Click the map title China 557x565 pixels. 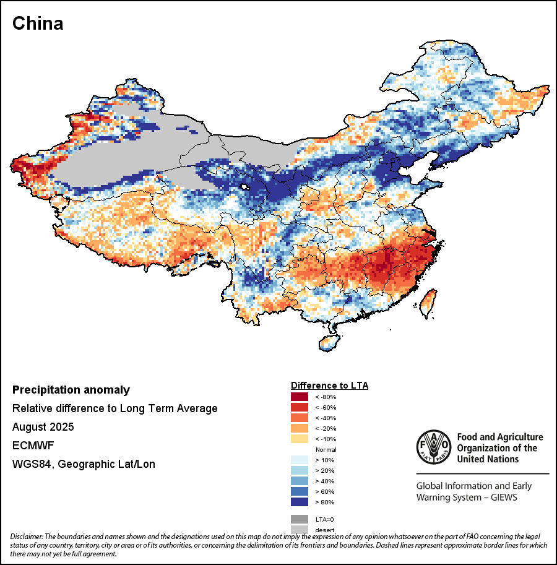[x=38, y=24]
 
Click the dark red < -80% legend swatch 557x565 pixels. [x=300, y=397]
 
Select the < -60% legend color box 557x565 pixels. [x=300, y=407]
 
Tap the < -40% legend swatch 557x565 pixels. [x=300, y=418]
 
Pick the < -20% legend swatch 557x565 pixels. [x=300, y=428]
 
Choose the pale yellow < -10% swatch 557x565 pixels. [x=300, y=439]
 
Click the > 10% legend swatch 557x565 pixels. [x=300, y=460]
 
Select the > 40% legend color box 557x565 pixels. [x=300, y=481]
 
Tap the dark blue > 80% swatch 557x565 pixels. [x=300, y=502]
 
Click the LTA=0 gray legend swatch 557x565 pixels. [x=300, y=519]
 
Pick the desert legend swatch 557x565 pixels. [x=300, y=529]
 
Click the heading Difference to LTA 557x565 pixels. [x=329, y=385]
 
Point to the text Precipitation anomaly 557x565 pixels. [x=71, y=390]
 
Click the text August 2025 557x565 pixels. [x=43, y=427]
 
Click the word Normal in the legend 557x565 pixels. [x=326, y=449]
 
